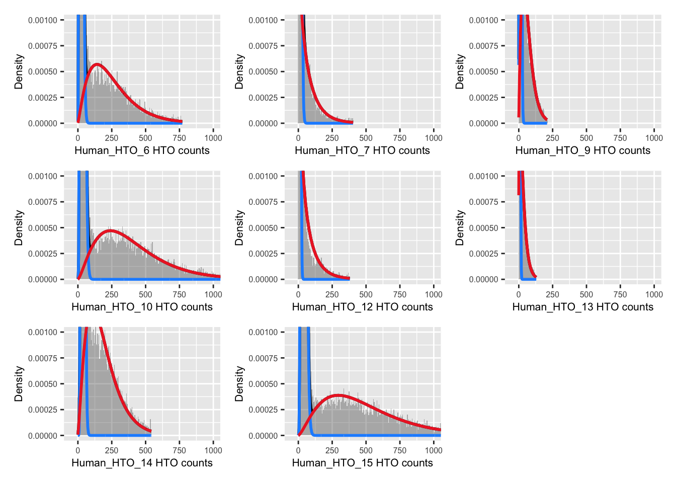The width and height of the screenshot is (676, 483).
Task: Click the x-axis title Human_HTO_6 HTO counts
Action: coord(142,150)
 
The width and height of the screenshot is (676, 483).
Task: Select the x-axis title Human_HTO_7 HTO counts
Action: coord(362,150)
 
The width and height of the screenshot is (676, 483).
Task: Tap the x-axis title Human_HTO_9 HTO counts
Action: coord(582,150)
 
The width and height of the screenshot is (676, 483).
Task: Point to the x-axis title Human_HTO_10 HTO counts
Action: coord(142,307)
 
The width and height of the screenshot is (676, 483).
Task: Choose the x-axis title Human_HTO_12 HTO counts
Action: coord(362,307)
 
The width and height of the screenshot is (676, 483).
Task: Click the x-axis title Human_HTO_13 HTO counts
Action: coord(582,307)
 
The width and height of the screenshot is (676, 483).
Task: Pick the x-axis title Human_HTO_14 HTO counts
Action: coord(142,463)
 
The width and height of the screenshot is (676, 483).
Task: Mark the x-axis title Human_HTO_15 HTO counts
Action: coord(362,463)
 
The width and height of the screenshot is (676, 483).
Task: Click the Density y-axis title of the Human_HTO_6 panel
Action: coord(19,71)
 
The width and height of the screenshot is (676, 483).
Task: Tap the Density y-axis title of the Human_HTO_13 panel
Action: coord(460,227)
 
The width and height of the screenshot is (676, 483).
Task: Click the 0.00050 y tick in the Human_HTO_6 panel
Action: coord(43,72)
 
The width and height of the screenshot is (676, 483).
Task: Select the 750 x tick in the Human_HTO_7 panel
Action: coord(400,138)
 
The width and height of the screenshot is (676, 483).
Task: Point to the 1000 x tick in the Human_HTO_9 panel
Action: coord(654,138)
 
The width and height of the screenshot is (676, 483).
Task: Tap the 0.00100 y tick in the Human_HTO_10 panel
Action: coord(43,176)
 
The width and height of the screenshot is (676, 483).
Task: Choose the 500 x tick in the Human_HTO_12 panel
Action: coord(366,294)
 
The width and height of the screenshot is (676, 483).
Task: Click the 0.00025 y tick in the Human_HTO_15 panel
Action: coord(263,410)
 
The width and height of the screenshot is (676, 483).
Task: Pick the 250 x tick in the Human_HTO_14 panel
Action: coord(112,450)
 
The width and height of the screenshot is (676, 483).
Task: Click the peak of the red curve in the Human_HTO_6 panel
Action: coord(97,64)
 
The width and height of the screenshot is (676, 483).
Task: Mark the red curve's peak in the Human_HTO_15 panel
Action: coord(341,395)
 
